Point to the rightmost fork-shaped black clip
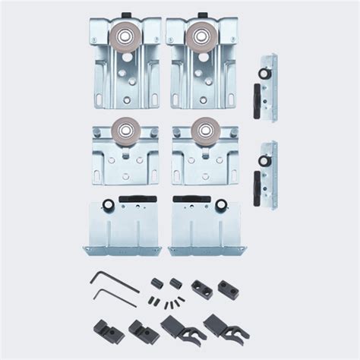click(x=215, y=329)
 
